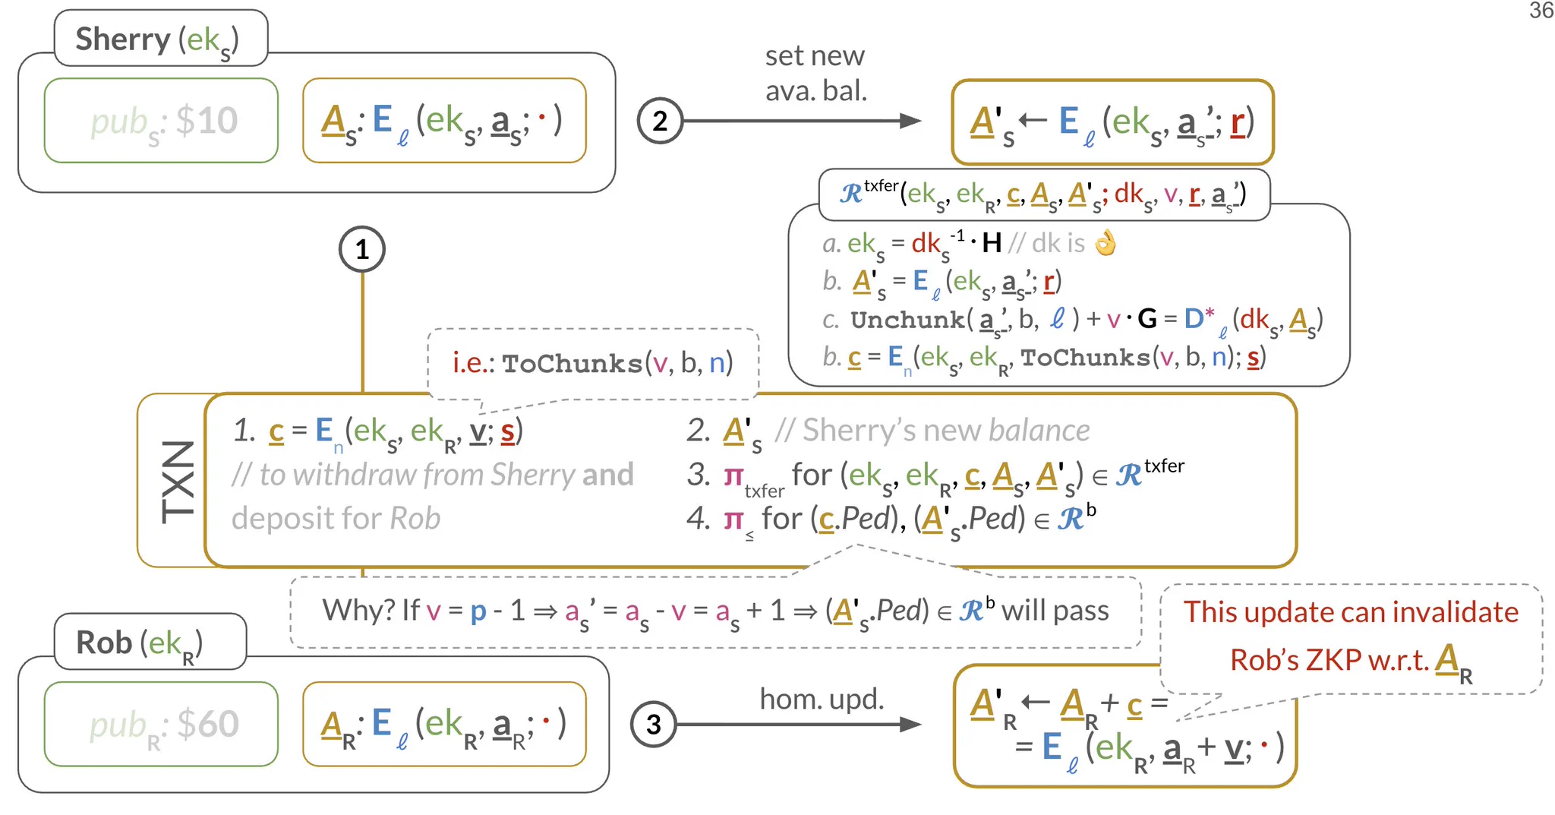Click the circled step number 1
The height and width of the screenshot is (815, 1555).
coord(362,249)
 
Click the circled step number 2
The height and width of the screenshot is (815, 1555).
coord(660,121)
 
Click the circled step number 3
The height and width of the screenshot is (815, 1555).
coord(654,724)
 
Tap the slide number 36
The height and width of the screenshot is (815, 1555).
coord(1541,11)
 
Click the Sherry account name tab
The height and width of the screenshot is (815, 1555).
coord(161,38)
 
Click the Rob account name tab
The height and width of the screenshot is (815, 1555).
coord(150,642)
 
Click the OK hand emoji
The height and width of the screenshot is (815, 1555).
coord(1106,243)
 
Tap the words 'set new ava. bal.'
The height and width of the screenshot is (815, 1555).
coord(815,73)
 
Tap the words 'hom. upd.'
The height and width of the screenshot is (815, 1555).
coord(822,699)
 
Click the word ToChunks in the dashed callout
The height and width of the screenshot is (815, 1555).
coord(572,363)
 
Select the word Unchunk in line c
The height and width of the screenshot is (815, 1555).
coord(907,320)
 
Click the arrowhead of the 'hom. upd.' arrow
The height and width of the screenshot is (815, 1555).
coord(910,724)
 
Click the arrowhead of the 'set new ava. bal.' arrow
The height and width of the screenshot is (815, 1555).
coord(910,121)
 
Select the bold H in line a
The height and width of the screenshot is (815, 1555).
coord(992,243)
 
